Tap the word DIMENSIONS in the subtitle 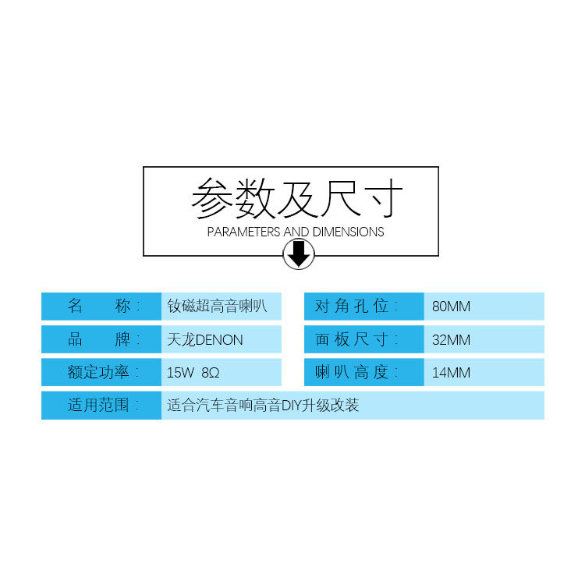click(349, 232)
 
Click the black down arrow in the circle click(298, 253)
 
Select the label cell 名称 click(101, 306)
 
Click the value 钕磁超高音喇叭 click(218, 306)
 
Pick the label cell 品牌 click(101, 340)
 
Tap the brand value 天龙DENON click(205, 340)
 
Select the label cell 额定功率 click(101, 372)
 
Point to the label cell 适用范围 click(101, 406)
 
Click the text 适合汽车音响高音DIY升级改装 click(263, 406)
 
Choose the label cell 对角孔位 click(363, 306)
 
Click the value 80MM click(452, 307)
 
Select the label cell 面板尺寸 click(363, 340)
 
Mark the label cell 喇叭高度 click(363, 372)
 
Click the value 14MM click(452, 373)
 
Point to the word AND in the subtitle click(296, 232)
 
